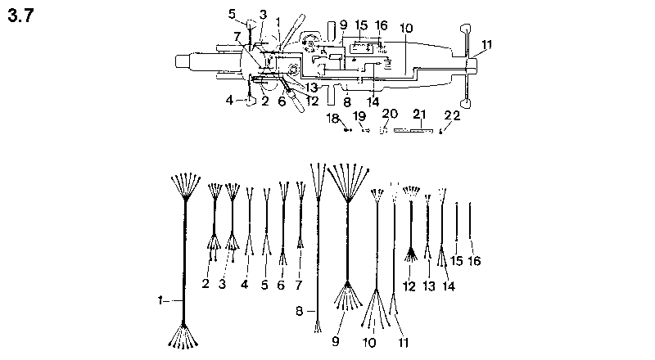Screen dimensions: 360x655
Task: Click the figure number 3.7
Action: [21, 16]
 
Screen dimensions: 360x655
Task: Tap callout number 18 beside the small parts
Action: [333, 119]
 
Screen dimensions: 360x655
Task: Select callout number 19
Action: [360, 116]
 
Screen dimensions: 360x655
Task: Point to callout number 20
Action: [390, 113]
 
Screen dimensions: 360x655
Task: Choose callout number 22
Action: [453, 115]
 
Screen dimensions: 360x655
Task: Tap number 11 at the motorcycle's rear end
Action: [488, 43]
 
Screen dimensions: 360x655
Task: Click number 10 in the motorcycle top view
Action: [406, 28]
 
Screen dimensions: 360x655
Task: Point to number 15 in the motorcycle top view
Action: [362, 26]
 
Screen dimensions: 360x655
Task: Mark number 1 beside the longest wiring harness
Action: [160, 301]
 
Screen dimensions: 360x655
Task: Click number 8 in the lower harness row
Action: [299, 310]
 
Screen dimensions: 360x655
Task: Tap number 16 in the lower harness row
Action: [475, 260]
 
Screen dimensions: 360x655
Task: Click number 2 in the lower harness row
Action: [206, 284]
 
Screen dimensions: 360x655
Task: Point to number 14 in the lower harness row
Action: [448, 286]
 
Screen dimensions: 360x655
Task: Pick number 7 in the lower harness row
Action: [300, 284]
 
